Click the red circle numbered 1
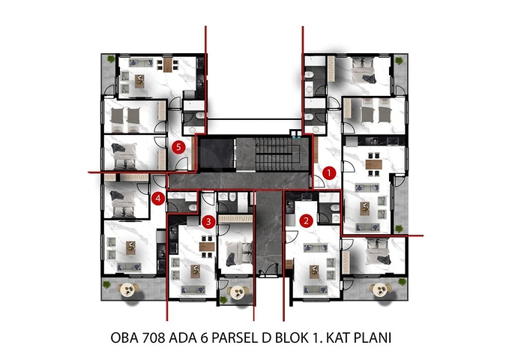[x=328, y=172]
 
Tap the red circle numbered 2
[x=306, y=220]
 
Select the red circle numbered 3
[x=208, y=221]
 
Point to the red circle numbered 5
[x=178, y=148]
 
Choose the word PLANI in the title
[x=373, y=339]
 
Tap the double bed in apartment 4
[x=120, y=201]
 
